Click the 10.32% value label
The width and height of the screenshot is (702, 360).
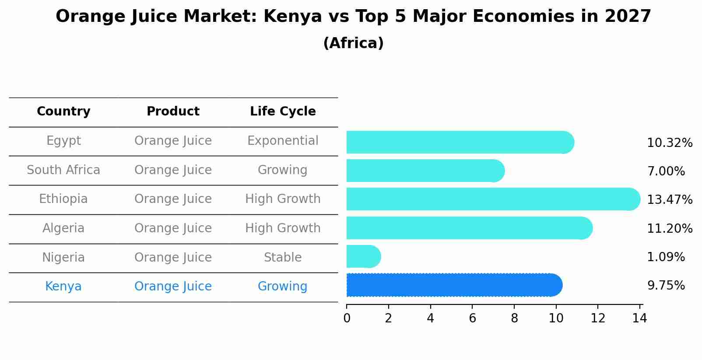[669, 143]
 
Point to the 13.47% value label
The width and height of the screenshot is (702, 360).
[669, 200]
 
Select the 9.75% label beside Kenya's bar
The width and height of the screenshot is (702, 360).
[666, 286]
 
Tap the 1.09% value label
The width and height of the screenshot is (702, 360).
[666, 257]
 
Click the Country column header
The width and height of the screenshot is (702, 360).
[63, 112]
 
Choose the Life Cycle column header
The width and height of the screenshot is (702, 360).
[283, 112]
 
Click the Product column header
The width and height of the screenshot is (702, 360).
[173, 112]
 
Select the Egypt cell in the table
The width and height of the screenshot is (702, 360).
[63, 141]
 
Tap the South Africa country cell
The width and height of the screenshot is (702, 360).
[63, 170]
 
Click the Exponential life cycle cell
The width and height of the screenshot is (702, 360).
[283, 141]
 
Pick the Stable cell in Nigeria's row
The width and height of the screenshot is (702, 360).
[283, 258]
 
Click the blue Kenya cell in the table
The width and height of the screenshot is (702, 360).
[63, 287]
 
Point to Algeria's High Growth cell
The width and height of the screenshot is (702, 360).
[283, 228]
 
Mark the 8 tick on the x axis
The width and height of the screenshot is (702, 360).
[514, 318]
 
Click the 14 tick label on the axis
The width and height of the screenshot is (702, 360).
[639, 318]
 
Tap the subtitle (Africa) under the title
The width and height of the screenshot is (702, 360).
[353, 43]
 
